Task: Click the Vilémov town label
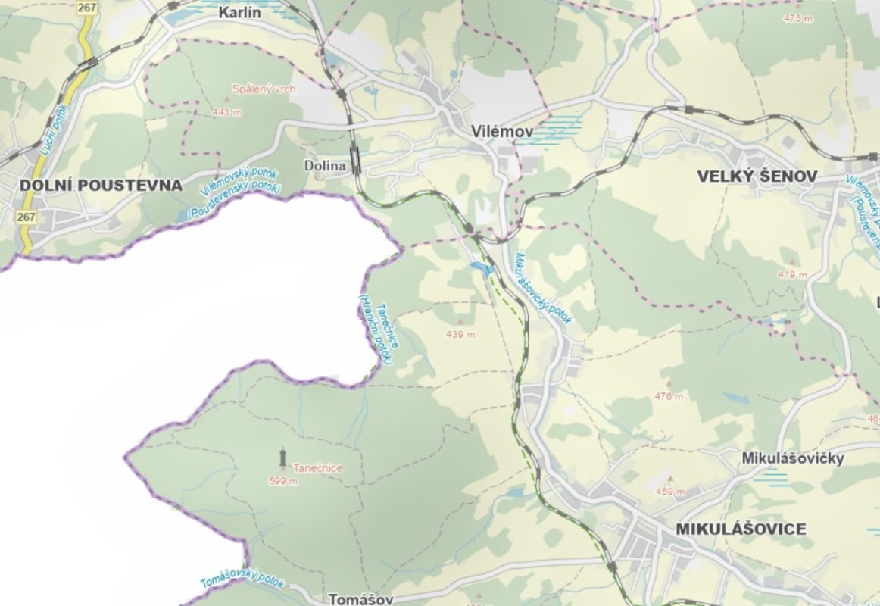point(501,132)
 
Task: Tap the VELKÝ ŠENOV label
point(757,176)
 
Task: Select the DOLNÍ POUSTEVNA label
point(101,185)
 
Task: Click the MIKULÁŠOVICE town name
point(740,529)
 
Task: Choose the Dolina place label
point(324,165)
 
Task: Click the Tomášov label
point(361,599)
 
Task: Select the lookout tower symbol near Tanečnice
point(282,458)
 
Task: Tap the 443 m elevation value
point(227,112)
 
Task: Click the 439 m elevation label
point(460,334)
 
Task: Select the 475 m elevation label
point(798,18)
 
